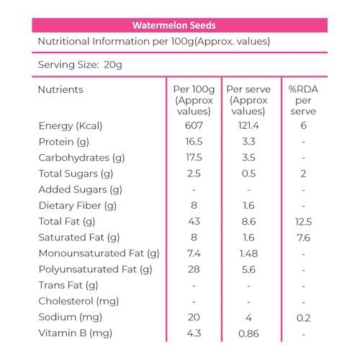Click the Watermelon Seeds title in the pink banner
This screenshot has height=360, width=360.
point(174,25)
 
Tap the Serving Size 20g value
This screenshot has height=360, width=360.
point(113,65)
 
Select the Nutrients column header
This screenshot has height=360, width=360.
point(60,89)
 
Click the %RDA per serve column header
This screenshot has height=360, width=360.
point(303,100)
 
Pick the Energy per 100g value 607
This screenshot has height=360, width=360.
point(194,125)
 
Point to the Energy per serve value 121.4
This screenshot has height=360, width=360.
point(248,125)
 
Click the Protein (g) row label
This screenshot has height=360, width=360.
point(64,142)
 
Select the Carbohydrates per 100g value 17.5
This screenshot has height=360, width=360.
point(194,158)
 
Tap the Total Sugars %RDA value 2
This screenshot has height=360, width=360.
point(303,174)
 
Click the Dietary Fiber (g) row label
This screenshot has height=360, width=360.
point(78,206)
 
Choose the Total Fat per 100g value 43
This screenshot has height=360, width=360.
point(194,221)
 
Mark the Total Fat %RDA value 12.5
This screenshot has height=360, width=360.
point(303,222)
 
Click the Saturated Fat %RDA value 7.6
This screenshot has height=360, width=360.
point(303,238)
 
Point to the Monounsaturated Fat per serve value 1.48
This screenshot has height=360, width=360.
point(248,253)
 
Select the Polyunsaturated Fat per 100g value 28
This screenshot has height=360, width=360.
point(194,269)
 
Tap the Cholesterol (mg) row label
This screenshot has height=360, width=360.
point(78,301)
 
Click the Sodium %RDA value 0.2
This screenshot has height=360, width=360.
point(303,318)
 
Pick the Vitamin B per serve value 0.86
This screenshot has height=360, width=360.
point(248,333)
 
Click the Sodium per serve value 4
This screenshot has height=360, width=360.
point(248,318)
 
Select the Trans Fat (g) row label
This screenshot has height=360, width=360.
point(68,285)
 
